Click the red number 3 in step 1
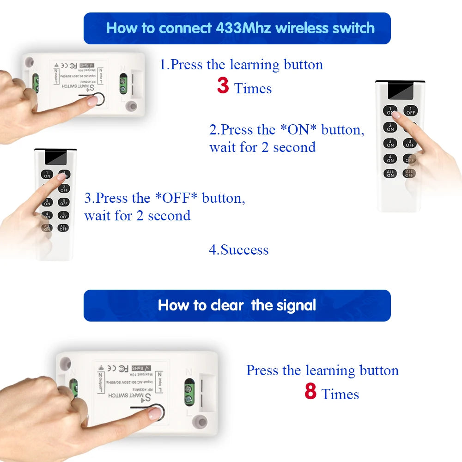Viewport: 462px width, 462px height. pos(223,86)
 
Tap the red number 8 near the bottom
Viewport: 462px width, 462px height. pos(310,392)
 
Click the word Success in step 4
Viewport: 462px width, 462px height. pos(244,250)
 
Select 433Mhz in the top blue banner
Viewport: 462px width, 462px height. pos(243,28)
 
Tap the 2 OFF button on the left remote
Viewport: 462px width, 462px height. pos(63,188)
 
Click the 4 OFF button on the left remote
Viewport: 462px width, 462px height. pos(63,215)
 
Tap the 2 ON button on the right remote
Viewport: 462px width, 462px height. pos(390,128)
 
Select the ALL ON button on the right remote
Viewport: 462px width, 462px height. pos(390,174)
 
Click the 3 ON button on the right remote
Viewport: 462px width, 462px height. pos(390,143)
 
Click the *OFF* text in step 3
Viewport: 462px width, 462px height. pos(176,198)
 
